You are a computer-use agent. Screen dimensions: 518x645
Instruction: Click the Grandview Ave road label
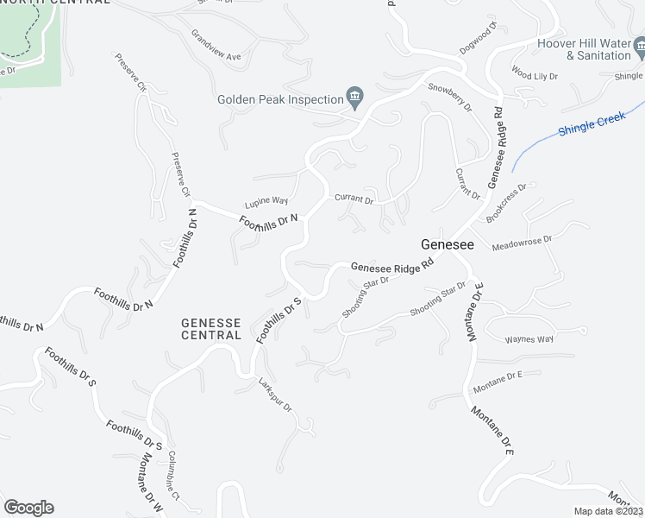pos(216,48)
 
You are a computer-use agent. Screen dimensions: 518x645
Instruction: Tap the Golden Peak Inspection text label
pos(280,99)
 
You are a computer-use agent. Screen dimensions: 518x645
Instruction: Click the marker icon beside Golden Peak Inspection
pos(354,95)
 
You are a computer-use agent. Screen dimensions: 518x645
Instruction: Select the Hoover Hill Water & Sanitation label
pos(584,49)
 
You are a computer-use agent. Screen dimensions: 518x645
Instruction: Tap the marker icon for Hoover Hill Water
pos(639,44)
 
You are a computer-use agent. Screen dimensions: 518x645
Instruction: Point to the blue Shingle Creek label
pos(591,125)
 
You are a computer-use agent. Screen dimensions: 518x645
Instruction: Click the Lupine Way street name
pos(266,200)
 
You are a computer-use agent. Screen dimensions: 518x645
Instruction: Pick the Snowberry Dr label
pos(450,98)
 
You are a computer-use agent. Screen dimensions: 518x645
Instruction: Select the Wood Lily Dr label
pos(535,74)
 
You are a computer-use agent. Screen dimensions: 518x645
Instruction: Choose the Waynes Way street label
pos(529,339)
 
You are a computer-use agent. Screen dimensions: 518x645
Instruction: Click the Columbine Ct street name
pos(172,471)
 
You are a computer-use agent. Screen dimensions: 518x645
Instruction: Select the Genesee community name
pos(447,245)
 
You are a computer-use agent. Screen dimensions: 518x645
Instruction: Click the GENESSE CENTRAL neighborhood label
pos(211,329)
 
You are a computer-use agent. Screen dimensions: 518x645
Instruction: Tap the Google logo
pos(28,508)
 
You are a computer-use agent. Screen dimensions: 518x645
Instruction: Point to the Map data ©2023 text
pos(609,511)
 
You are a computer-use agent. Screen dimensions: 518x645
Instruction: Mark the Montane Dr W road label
pos(146,488)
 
